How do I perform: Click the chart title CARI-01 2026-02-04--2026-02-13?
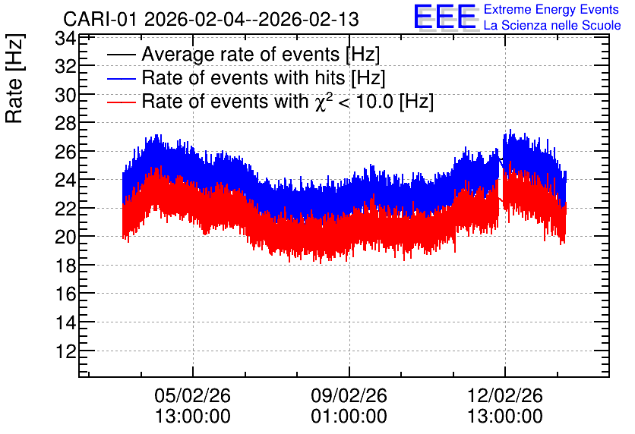[x=211, y=19]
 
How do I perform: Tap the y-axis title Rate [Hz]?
[x=14, y=78]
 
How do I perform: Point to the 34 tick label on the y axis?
[x=66, y=39]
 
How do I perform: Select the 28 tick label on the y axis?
[x=66, y=123]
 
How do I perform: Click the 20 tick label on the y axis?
[x=66, y=237]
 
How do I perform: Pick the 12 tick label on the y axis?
[x=66, y=351]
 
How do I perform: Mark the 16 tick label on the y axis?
[x=66, y=294]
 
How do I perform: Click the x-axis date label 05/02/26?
[x=193, y=395]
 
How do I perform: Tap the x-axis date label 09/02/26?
[x=349, y=395]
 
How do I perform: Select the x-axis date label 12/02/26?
[x=505, y=395]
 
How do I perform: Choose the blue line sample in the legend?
[x=121, y=79]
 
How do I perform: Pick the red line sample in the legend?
[x=121, y=102]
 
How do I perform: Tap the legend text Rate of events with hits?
[x=243, y=77]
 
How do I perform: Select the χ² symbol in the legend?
[x=321, y=102]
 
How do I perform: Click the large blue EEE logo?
[x=445, y=17]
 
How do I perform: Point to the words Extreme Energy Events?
[x=551, y=9]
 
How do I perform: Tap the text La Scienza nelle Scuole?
[x=552, y=25]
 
